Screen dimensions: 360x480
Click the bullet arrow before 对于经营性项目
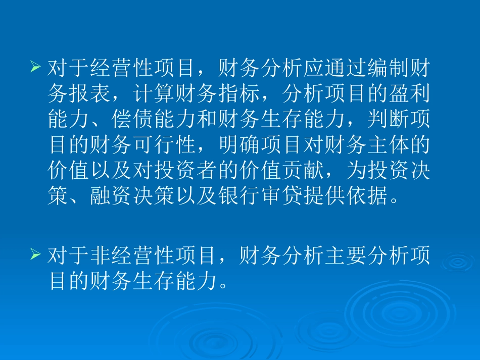(35, 66)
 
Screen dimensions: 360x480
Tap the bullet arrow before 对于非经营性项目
(35, 255)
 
